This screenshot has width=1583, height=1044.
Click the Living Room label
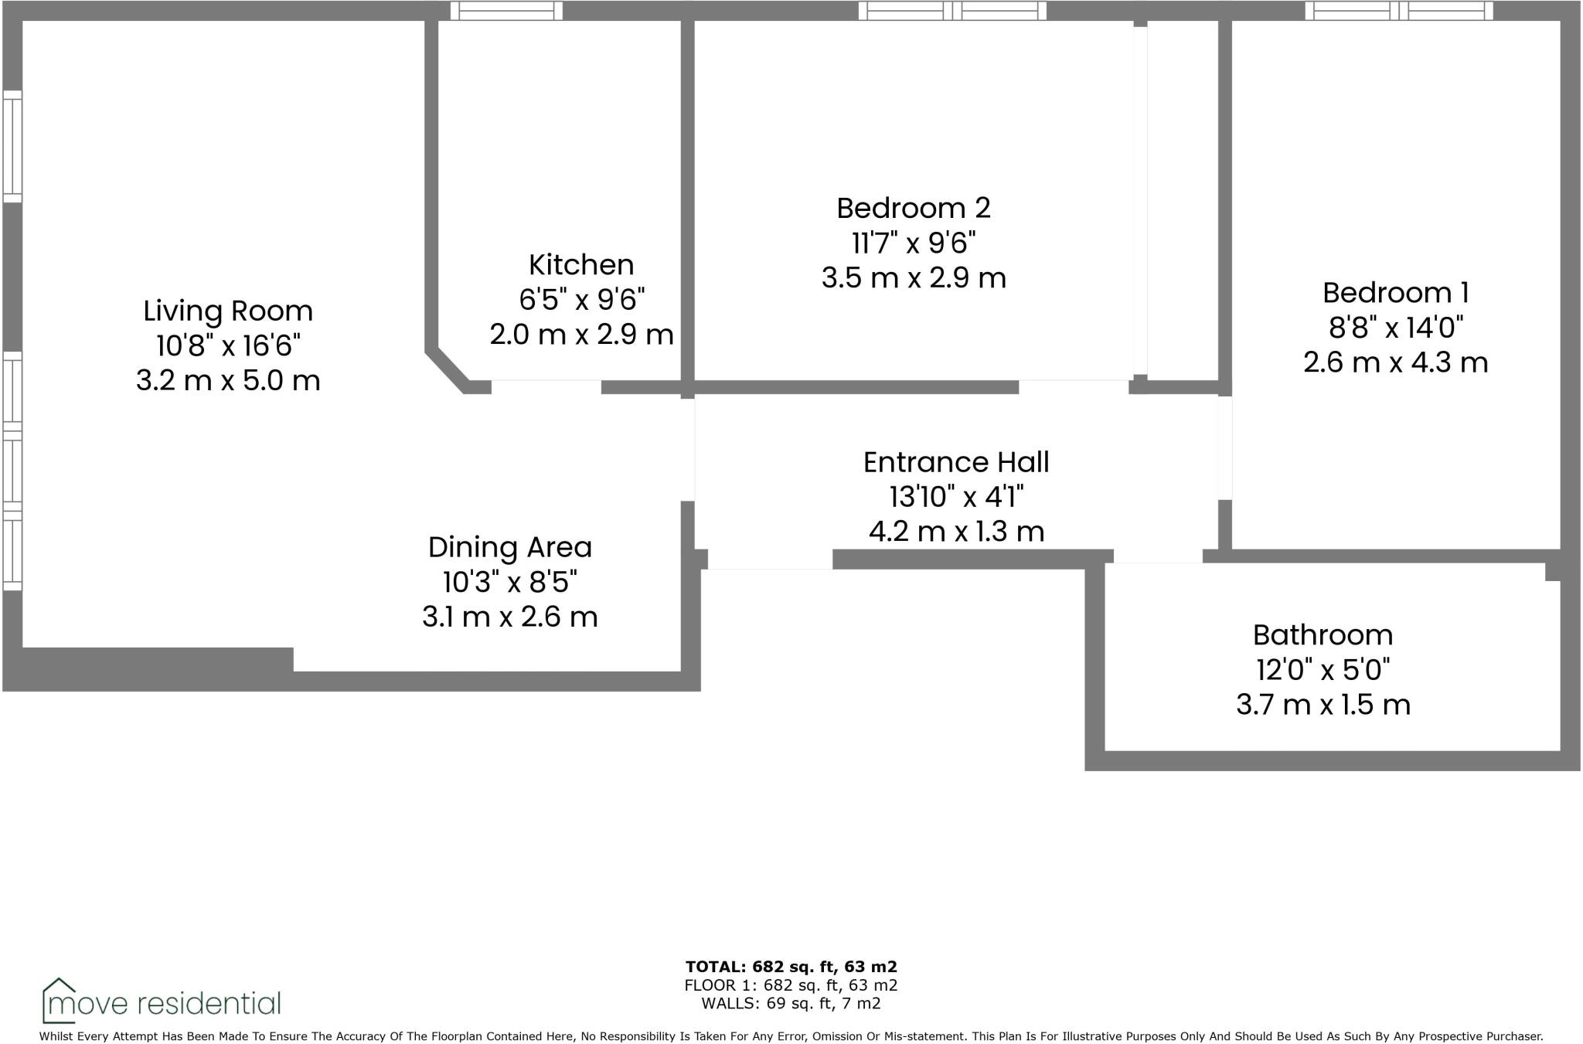(228, 311)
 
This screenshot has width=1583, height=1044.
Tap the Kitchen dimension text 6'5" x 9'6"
(581, 299)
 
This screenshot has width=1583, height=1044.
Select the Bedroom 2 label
(913, 208)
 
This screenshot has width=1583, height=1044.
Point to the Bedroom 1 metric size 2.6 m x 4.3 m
(1395, 362)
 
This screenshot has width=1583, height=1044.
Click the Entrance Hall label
(956, 462)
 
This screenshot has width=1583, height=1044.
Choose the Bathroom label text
(1323, 635)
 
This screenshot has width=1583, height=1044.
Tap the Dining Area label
(509, 547)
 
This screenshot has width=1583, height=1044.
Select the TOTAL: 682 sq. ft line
(791, 967)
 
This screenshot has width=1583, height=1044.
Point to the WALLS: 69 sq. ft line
(791, 1004)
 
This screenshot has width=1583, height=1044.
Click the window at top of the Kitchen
(506, 11)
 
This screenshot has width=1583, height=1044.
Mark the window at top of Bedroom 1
(1399, 11)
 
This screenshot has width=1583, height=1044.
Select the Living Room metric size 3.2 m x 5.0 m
(228, 381)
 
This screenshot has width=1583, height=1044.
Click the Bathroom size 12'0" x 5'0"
(1323, 670)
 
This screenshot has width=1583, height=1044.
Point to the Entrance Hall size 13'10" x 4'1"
(956, 497)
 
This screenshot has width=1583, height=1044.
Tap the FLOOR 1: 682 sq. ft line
(791, 985)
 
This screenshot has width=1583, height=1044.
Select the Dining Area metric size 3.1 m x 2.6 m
(509, 617)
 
